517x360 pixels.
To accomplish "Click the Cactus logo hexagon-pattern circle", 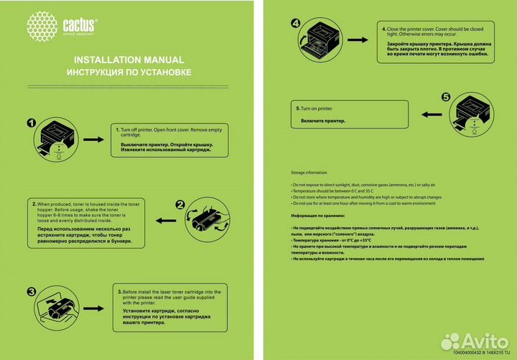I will tap(42, 26).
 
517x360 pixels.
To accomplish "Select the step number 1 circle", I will tap(31, 123).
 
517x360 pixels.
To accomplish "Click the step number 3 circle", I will tap(31, 292).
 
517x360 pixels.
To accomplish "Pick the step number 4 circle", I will tap(296, 23).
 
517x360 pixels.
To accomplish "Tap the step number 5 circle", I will tap(445, 97).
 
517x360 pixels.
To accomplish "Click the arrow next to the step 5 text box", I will tap(432, 114).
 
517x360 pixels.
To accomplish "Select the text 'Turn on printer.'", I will tap(315, 108).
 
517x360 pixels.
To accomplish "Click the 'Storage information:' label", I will tap(309, 173).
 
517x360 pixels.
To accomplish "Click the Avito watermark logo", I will tap(474, 341).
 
